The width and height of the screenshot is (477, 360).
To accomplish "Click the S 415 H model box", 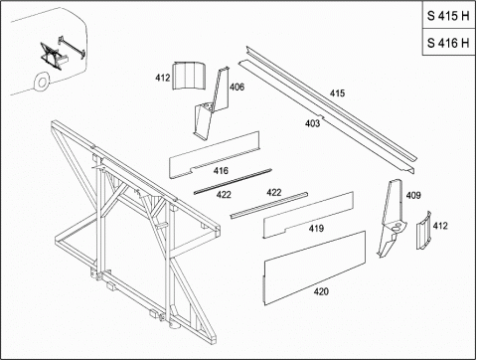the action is click(x=449, y=15).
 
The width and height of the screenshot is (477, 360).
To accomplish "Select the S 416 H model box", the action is click(x=449, y=42).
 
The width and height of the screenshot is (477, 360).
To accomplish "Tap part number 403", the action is click(x=312, y=123).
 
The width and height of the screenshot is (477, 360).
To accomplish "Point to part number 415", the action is click(x=337, y=93).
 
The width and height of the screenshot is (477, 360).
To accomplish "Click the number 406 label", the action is click(x=237, y=87).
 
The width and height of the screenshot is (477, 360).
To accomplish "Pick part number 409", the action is click(x=413, y=195).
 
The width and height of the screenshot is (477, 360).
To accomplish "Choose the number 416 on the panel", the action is click(x=221, y=171).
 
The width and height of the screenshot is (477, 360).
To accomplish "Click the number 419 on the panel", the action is click(x=316, y=229).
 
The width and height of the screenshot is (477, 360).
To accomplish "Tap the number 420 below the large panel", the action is click(x=321, y=291).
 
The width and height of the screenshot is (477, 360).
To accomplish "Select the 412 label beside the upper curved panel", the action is click(x=163, y=78).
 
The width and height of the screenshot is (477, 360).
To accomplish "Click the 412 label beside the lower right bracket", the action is click(x=440, y=226).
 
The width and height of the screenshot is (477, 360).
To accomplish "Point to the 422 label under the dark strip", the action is click(x=224, y=195).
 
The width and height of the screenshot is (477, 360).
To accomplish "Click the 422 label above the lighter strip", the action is click(x=274, y=192).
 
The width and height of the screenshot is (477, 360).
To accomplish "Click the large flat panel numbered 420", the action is click(x=314, y=268).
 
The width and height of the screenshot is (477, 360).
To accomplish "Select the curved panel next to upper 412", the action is click(x=189, y=76).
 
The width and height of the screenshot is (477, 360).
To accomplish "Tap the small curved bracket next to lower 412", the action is click(x=423, y=231).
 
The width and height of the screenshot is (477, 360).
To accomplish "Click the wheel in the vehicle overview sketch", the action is click(x=42, y=82).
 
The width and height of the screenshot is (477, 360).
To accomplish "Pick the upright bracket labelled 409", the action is click(x=391, y=218).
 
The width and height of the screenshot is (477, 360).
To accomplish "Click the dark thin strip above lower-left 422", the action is click(x=233, y=181).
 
